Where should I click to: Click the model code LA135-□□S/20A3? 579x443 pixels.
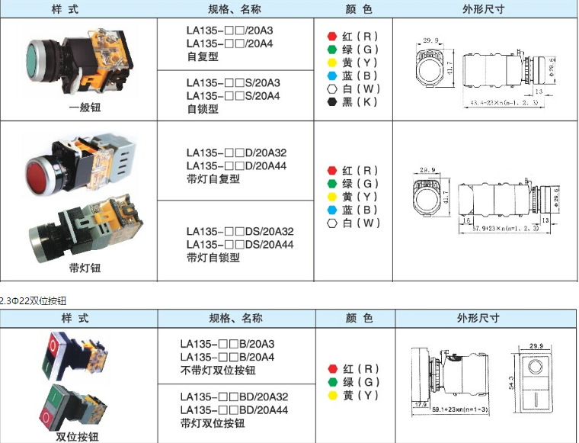coord(233,82)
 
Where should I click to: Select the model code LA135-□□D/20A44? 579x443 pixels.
coord(236,165)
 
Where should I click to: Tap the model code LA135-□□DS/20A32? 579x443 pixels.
coord(240,231)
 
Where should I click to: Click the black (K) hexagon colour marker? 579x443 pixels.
coord(331,101)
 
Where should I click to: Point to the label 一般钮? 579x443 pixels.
coord(85,108)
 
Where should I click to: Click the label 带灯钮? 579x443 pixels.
coord(85,268)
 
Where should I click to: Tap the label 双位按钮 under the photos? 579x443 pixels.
coord(77,436)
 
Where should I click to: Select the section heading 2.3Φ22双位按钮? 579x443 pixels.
coord(34,300)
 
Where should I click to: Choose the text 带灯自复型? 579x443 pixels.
coord(213,179)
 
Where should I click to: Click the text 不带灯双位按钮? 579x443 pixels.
coord(218,371)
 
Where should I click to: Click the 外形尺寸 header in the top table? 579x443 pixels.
coord(483,9)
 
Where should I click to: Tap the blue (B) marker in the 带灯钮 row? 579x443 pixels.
coord(331,210)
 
